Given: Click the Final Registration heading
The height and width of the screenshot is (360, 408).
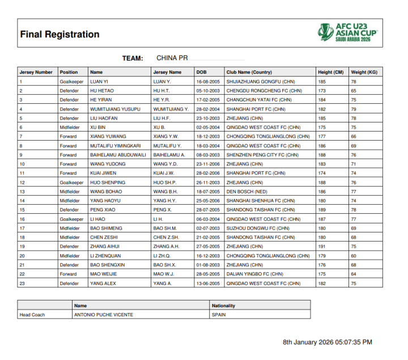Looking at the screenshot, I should click(59, 35).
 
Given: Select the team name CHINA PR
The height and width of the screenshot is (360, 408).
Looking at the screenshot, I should click(172, 58).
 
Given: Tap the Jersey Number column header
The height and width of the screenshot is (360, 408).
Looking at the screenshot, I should click(36, 72).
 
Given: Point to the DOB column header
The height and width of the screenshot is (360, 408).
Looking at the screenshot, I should click(202, 72).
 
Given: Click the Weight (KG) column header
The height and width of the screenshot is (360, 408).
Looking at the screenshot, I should click(364, 72).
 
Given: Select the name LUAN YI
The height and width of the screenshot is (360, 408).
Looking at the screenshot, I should click(99, 82).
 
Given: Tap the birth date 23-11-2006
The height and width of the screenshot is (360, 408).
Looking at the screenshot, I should click(208, 164).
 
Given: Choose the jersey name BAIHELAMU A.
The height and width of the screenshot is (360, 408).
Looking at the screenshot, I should click(169, 155).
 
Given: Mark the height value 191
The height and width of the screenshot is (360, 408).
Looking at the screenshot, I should click(322, 247).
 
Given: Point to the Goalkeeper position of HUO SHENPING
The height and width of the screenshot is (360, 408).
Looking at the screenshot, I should click(71, 183).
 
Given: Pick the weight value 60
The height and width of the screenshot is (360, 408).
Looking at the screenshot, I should click(354, 256).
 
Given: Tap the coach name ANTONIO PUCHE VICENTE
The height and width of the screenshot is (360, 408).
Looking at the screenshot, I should click(104, 315).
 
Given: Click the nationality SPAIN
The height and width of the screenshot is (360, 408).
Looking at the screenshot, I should click(219, 315).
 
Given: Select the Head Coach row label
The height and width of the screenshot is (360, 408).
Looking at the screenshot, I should click(32, 315).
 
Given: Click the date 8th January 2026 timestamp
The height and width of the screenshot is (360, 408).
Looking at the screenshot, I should click(328, 342).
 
